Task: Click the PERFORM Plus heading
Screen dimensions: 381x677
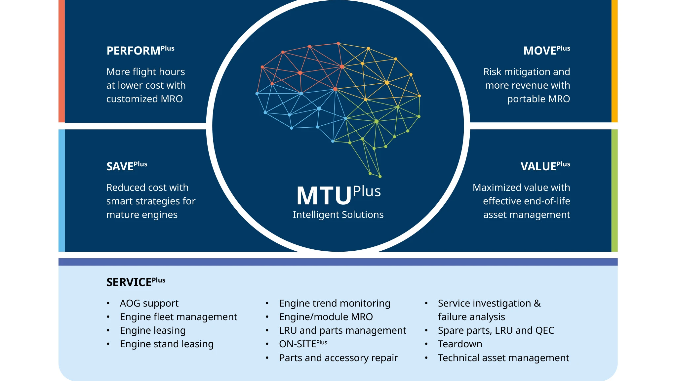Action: point(140,50)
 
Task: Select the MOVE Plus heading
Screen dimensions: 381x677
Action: point(546,50)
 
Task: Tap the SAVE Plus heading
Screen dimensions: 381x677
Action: point(127,166)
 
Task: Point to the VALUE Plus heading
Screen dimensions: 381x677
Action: point(545,166)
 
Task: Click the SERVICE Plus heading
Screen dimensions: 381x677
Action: point(136,282)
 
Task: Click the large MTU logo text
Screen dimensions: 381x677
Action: point(324,196)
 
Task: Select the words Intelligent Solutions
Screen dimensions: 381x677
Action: point(338,215)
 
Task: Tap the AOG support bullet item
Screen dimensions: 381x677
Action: point(149,303)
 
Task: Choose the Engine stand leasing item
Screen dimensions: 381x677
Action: point(167,344)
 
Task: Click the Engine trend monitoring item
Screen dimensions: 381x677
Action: point(335,303)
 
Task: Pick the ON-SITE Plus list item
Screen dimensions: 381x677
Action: point(303,344)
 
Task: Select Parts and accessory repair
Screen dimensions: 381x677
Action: point(338,358)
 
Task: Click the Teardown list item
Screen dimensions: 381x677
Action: point(460,344)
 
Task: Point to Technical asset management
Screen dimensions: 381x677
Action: point(503,358)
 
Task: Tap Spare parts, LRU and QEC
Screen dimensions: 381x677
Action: point(496,330)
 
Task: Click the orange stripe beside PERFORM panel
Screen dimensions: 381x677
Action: point(61,61)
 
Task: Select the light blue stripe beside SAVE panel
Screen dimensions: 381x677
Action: point(61,190)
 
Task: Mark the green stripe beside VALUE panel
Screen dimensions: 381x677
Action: point(614,190)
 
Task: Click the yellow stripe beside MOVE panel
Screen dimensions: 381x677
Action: point(614,61)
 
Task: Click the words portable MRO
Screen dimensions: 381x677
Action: point(538,99)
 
